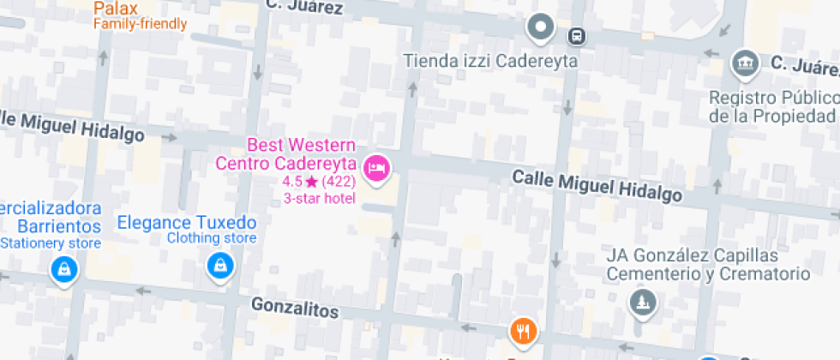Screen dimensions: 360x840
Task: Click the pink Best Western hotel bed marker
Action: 376,167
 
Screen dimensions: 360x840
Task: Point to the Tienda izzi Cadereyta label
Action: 491,62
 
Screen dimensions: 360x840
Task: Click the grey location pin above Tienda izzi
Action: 541,27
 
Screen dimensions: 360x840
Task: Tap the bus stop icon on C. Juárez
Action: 578,36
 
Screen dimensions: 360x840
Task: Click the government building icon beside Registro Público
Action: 742,63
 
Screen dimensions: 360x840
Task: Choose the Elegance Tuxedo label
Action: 187,222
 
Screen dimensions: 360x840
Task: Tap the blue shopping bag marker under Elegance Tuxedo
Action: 220,267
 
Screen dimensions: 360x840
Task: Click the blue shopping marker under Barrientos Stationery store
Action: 64,270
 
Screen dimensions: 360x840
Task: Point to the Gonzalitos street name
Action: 295,308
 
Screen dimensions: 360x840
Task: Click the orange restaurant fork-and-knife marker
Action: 523,330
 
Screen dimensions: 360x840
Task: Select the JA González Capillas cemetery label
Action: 707,265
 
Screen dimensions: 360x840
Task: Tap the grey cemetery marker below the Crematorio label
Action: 640,301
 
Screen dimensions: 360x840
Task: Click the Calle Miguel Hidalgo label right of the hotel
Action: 597,185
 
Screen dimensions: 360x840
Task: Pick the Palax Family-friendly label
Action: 140,15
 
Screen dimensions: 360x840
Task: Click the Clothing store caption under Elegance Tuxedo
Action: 212,238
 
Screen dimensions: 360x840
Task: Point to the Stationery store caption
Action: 51,243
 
